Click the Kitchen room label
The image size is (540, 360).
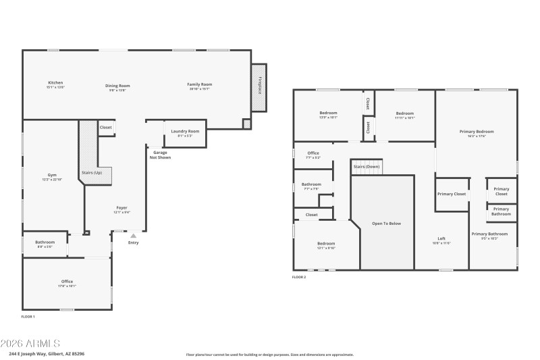pyautogui.click(x=55, y=84)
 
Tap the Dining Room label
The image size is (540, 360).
pyautogui.click(x=117, y=86)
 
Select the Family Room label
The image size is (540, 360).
pyautogui.click(x=200, y=84)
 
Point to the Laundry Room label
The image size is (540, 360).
pyautogui.click(x=184, y=132)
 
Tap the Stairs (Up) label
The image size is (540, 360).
pyautogui.click(x=92, y=173)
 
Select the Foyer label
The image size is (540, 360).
pyautogui.click(x=122, y=208)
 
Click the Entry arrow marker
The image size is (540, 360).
pyautogui.click(x=133, y=236)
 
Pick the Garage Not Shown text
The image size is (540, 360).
pyautogui.click(x=160, y=155)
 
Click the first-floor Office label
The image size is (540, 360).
pyautogui.click(x=67, y=282)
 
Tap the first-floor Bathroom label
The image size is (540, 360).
pyautogui.click(x=45, y=242)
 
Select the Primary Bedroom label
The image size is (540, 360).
pyautogui.click(x=477, y=132)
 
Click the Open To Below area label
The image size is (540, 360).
pyautogui.click(x=387, y=224)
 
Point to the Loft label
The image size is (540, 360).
pyautogui.click(x=441, y=239)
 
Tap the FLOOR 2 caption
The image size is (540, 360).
pyautogui.click(x=299, y=277)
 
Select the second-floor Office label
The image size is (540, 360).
pyautogui.click(x=313, y=154)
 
